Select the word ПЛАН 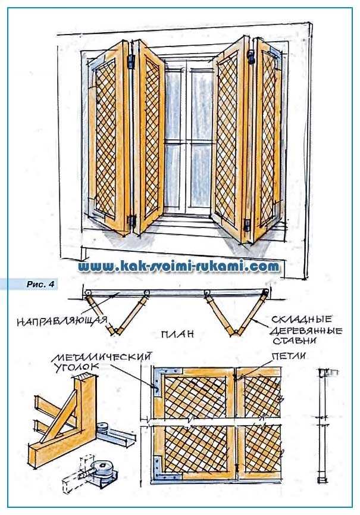pos(177,334)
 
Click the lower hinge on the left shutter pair pos(132,221)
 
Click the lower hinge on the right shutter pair pos(248,224)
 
